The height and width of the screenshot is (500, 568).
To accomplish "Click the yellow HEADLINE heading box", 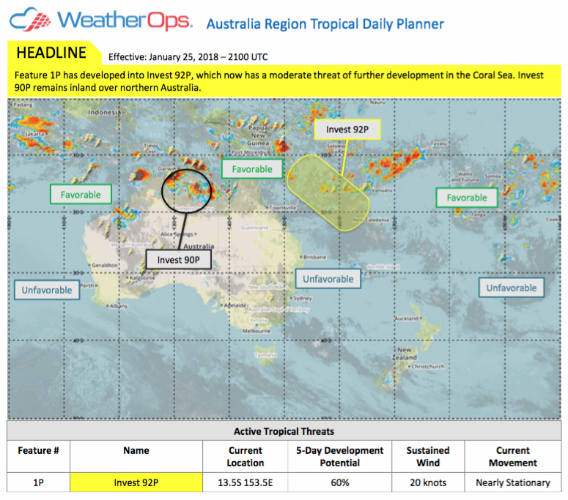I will coord(51,53).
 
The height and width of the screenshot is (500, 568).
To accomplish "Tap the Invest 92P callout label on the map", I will coord(347,130).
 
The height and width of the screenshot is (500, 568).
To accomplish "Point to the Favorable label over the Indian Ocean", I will coord(81,195).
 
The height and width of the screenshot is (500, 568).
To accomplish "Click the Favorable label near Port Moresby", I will coord(252,169).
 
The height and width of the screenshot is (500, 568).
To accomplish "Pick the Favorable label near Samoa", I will coord(466,198).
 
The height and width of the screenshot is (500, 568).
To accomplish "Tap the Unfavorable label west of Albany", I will coord(47,290).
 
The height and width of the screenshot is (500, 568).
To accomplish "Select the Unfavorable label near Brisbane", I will coord(328,279).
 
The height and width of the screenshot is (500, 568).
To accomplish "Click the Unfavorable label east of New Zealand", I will coord(512,288).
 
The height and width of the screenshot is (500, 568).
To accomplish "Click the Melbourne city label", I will coord(257,331).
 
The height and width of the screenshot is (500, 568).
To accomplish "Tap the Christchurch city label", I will coord(428,366).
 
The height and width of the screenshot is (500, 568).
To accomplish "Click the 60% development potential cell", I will coord(339,482).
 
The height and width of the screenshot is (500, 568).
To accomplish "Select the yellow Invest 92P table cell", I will coord(136,482).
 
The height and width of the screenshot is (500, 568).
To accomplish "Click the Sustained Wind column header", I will coord(427,456).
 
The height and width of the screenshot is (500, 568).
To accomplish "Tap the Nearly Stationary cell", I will coord(512,482).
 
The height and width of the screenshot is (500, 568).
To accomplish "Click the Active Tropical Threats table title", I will coord(284,431).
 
